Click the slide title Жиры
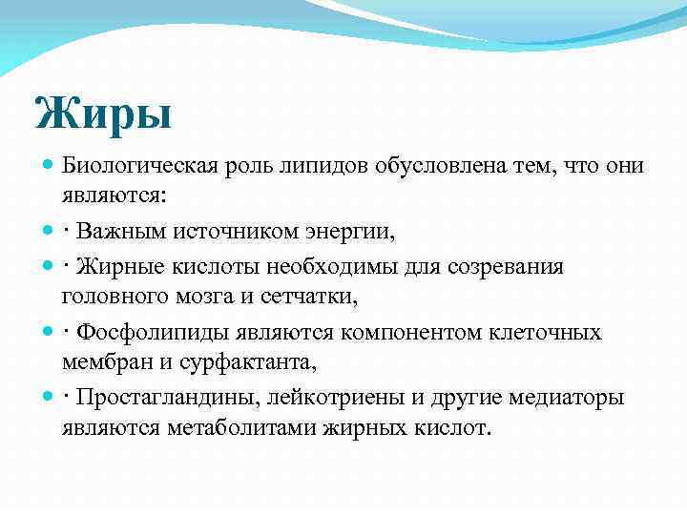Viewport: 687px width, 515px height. coord(103,113)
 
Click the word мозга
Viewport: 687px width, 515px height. coord(211,297)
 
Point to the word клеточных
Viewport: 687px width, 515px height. coord(548,332)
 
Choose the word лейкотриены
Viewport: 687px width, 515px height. coord(332,397)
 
